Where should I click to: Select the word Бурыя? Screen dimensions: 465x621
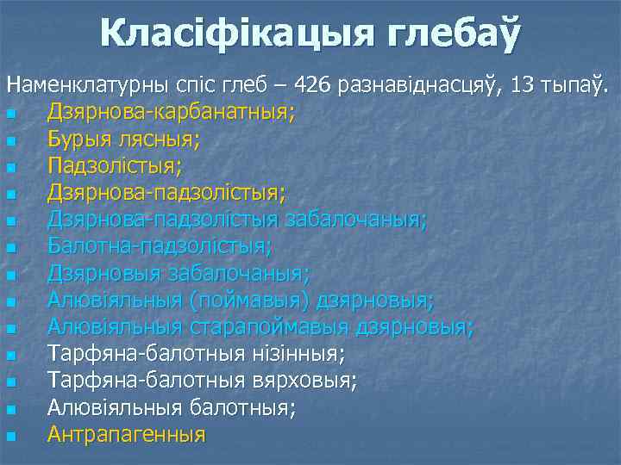[82, 139]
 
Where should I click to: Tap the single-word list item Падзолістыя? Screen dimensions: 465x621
[115, 166]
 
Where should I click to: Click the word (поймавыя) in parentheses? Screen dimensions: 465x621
[241, 301]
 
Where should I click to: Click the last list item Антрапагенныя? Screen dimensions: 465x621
[127, 434]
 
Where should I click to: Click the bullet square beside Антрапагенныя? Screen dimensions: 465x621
[9, 436]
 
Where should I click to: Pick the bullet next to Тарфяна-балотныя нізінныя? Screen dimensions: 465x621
[9, 356]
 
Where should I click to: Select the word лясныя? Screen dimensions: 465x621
[160, 139]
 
